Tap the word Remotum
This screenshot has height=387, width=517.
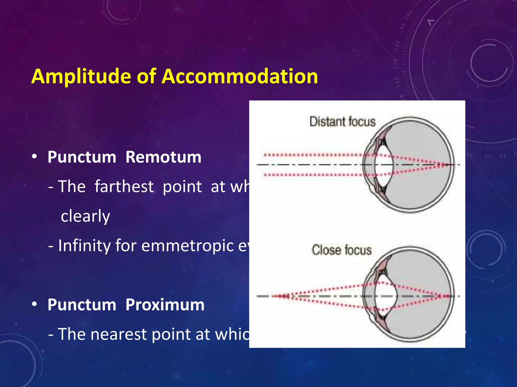163,157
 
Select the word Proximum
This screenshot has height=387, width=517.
165,305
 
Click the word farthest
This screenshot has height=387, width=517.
124,186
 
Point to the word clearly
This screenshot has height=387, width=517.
85,216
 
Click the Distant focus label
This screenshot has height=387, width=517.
342,121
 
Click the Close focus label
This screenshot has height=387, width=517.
342,250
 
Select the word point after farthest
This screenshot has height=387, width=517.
182,187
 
